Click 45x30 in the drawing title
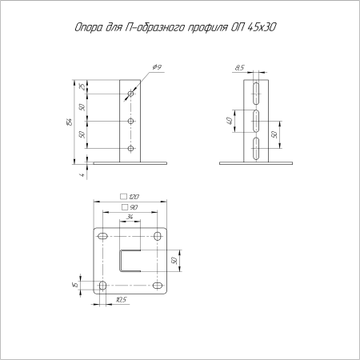tap(269, 30)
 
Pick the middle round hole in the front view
tap(130, 121)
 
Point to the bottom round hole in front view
tap(130, 148)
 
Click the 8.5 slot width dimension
tap(241, 70)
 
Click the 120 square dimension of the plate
tap(133, 196)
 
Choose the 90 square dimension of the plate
tap(133, 207)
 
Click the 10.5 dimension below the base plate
tap(120, 300)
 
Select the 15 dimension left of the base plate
tap(74, 286)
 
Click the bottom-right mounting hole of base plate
tap(157, 286)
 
